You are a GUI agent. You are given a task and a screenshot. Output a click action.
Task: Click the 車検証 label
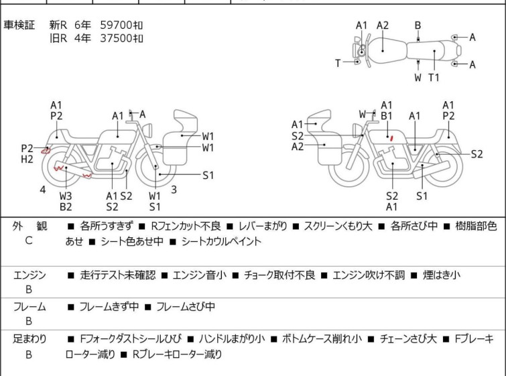(x=19, y=25)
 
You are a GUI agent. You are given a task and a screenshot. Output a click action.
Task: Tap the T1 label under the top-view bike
(x=434, y=77)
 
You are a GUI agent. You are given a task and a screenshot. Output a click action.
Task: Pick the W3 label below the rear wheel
(x=66, y=196)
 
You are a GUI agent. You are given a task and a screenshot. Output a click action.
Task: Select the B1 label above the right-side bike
(x=386, y=116)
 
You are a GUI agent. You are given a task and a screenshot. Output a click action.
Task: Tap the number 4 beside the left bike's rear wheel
(x=42, y=190)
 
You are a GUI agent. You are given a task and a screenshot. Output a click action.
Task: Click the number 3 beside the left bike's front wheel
(x=174, y=189)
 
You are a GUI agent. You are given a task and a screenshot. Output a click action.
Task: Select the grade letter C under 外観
(x=28, y=240)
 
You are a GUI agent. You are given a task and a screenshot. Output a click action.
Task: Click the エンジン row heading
(x=29, y=275)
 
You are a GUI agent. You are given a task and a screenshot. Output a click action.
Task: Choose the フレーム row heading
(x=29, y=307)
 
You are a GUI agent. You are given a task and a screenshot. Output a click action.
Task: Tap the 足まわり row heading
(x=29, y=339)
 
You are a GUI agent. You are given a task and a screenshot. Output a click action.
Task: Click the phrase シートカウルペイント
(x=221, y=241)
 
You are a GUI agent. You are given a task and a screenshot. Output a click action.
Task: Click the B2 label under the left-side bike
(x=66, y=206)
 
